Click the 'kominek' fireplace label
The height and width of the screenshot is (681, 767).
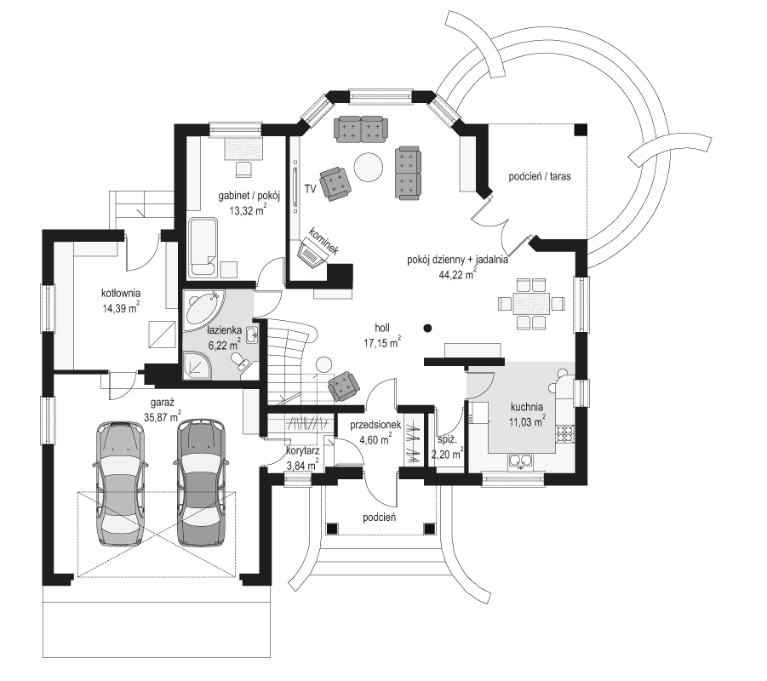click(324, 240)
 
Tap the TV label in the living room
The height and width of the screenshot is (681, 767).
click(310, 187)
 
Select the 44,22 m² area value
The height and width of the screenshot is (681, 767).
click(456, 274)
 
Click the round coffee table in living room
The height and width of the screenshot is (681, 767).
click(369, 166)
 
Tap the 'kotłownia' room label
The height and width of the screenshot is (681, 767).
click(120, 293)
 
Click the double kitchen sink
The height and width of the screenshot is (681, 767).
click(520, 462)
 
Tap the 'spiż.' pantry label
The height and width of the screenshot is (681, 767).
click(448, 440)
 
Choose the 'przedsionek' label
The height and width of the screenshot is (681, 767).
click(369, 425)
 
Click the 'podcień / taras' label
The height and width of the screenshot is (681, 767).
click(539, 177)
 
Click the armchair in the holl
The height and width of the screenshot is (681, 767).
click(344, 386)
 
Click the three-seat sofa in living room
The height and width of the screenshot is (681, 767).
click(360, 129)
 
